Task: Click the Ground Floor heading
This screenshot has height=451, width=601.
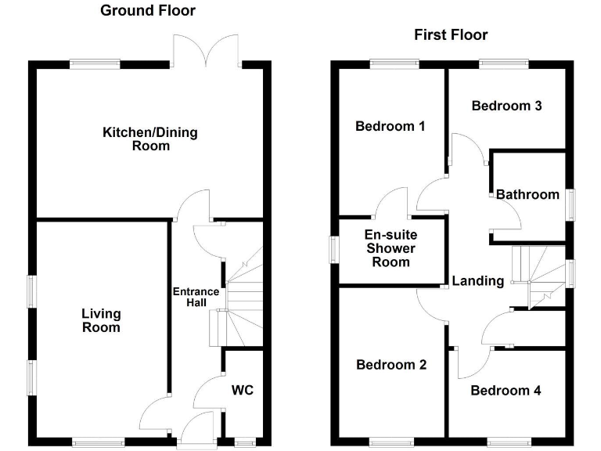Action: tap(148, 11)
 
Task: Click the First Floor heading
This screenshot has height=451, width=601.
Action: tap(451, 35)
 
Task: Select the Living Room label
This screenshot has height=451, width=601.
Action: tap(102, 320)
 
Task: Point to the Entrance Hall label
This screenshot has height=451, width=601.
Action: tap(196, 298)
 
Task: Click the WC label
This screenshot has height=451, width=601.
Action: tap(243, 390)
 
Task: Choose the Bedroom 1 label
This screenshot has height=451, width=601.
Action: tap(390, 126)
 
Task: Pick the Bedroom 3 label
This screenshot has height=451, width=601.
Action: tap(507, 106)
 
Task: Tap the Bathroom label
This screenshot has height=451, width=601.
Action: tap(527, 194)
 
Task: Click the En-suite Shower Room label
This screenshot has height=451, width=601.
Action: tap(391, 248)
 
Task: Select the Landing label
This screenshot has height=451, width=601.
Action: tap(478, 281)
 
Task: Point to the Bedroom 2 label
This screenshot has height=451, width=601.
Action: tap(391, 365)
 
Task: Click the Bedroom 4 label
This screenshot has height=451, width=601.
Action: tap(506, 390)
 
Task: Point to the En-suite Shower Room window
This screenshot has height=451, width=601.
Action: tap(334, 251)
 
